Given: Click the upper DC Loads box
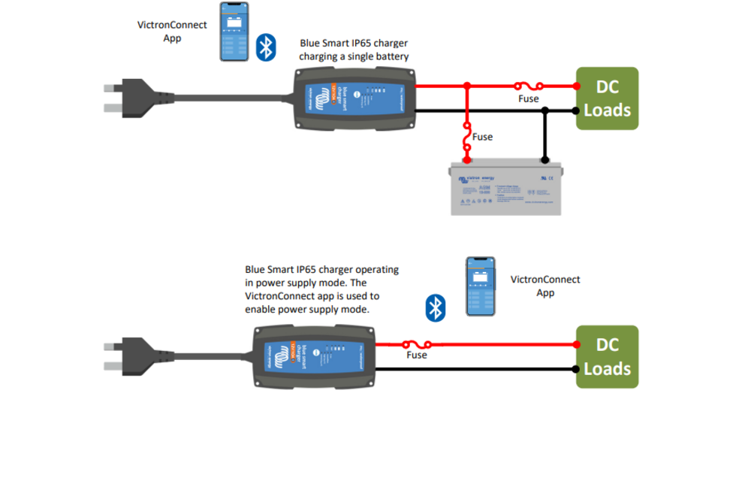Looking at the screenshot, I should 607,98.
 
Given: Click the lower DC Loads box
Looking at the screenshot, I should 607,357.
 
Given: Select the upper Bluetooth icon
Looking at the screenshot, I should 264,47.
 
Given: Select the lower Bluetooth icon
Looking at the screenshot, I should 436,307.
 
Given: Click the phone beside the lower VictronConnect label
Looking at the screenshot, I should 481,286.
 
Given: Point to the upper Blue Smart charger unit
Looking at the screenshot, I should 354,99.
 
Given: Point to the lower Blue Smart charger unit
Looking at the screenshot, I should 312,356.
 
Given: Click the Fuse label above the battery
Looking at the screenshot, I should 482,137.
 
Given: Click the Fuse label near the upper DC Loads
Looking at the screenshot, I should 529,98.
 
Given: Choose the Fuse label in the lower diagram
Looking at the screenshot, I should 417,355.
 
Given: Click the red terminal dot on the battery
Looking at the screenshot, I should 467,160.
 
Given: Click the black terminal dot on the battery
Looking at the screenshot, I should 545,160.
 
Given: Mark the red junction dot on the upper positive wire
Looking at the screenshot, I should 467,86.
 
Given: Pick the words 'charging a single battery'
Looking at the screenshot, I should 354,56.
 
